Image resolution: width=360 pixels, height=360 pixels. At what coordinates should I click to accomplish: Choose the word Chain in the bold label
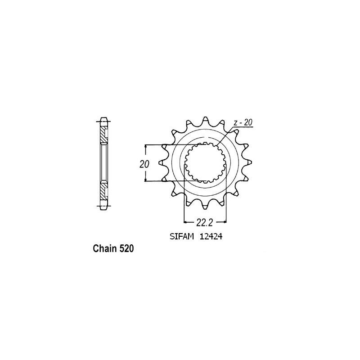pos(105,248)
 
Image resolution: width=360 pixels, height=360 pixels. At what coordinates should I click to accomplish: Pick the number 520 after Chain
pos(126,248)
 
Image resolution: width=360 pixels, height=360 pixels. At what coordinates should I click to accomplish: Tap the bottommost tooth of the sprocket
pos(206,208)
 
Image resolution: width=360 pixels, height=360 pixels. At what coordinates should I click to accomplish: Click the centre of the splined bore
pos(206,163)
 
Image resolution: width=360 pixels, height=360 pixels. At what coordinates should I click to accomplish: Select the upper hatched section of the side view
pos(104,133)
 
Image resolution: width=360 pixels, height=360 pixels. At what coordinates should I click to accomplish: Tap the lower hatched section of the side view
pos(104,191)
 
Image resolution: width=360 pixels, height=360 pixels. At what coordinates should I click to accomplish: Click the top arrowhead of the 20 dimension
pos(146,147)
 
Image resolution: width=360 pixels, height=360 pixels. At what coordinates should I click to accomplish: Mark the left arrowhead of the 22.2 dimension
pos(185,221)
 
